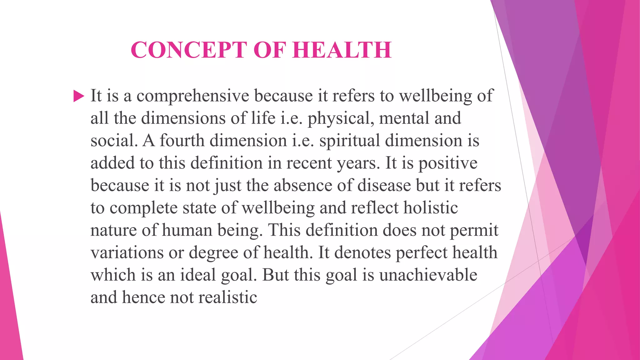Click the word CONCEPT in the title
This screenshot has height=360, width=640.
[189, 50]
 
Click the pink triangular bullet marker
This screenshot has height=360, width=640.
[78, 96]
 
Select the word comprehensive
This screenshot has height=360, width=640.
[192, 96]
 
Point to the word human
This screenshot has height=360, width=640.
[187, 230]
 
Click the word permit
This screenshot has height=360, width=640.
[474, 230]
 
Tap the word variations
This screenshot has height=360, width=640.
[127, 252]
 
